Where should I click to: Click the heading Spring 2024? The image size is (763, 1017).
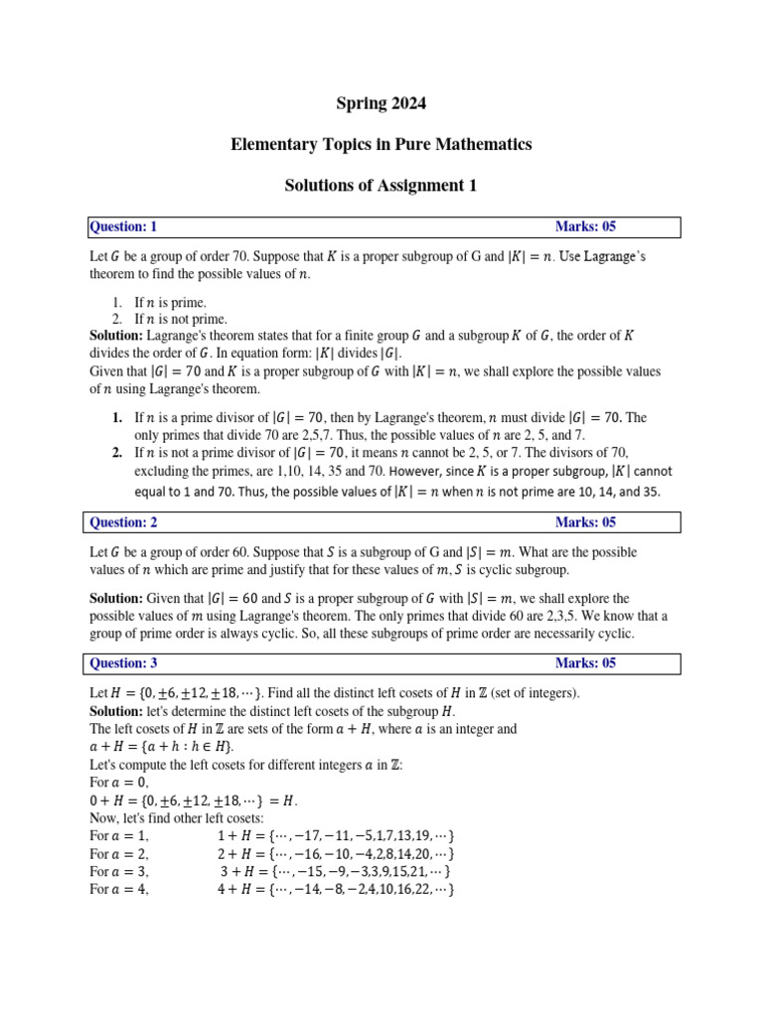pos(381,103)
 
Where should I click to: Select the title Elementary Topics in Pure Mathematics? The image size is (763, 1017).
pos(381,144)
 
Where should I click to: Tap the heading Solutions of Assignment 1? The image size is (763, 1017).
pos(381,186)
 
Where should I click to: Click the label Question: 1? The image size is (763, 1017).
pos(124,226)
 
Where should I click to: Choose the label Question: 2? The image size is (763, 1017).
pos(124,521)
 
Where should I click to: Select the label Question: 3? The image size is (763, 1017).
pos(124,662)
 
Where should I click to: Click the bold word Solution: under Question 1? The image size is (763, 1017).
pos(116,336)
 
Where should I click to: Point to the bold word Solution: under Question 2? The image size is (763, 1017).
pos(116,599)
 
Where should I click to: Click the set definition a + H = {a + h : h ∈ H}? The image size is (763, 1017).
pos(162,747)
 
